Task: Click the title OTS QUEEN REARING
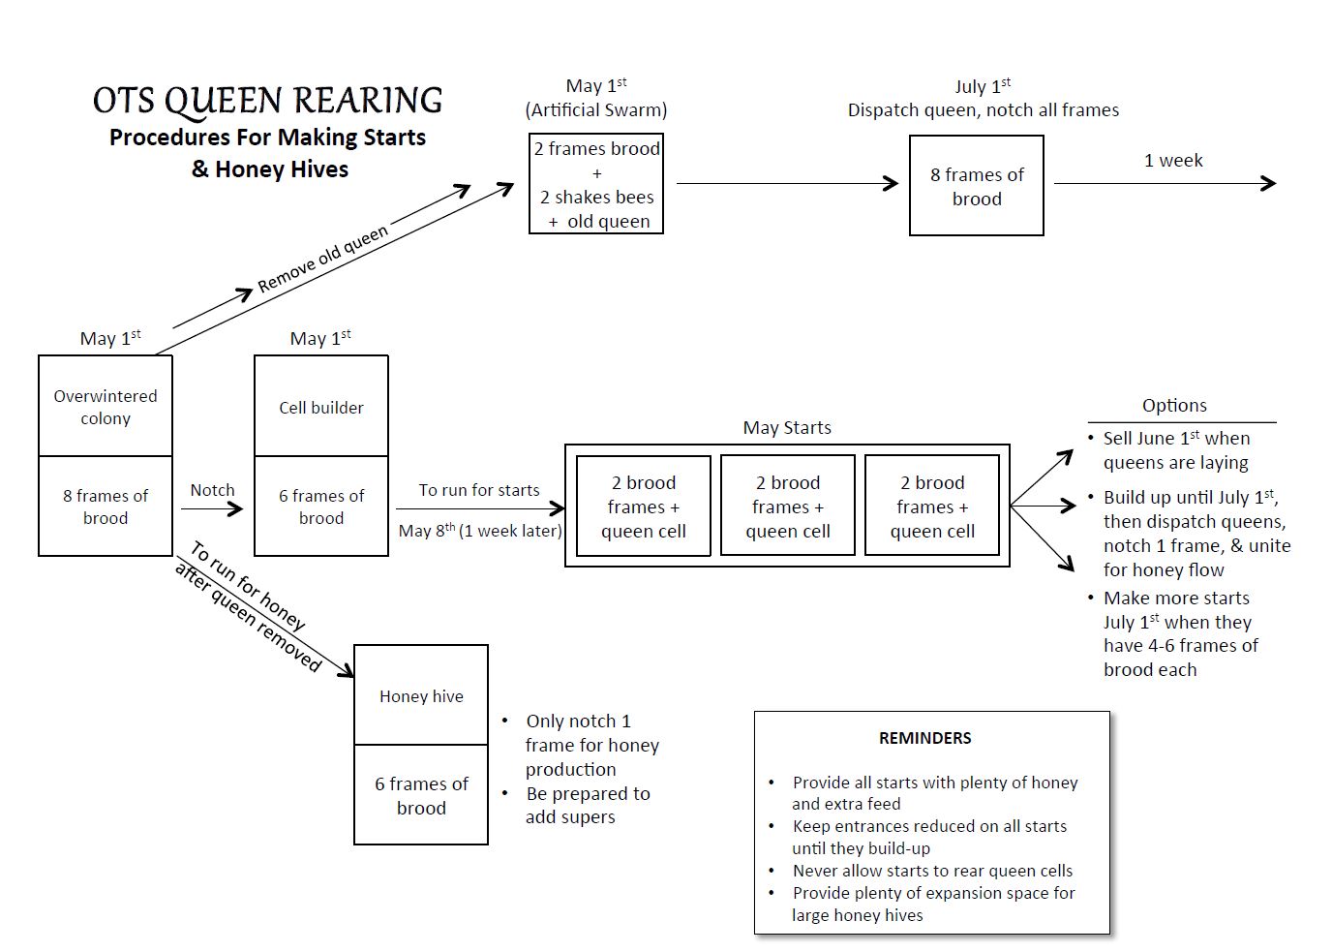point(267,100)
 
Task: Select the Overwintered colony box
point(106,406)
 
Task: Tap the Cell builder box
point(321,406)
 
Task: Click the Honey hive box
point(421,694)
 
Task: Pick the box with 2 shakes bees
point(596,183)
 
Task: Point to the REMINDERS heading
point(924,738)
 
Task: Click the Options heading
point(1174,405)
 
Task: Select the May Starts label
point(787,427)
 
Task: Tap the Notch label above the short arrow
point(212,490)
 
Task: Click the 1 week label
point(1173,160)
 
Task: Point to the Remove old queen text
point(323,259)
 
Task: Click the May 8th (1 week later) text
point(480,530)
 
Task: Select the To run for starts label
point(478,490)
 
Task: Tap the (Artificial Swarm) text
point(596,110)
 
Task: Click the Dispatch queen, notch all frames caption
point(983,110)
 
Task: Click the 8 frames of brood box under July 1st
point(977,186)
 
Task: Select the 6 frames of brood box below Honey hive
point(421,795)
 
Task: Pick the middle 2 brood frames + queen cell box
point(788,506)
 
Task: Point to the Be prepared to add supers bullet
point(587,805)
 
